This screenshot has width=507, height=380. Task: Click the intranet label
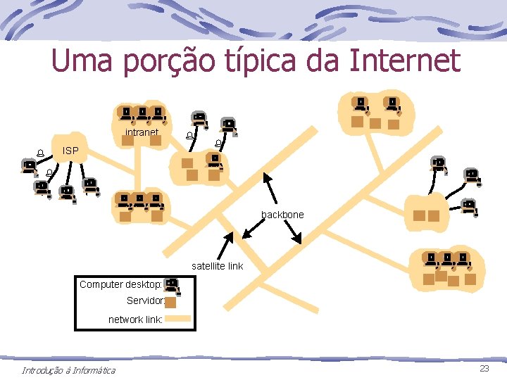141,132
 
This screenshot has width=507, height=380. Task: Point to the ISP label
70,151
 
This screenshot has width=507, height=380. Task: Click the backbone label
282,214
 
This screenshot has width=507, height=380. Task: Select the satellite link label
217,266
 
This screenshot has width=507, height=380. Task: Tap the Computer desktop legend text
120,284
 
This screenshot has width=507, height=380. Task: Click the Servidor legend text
146,300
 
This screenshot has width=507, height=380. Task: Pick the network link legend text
135,319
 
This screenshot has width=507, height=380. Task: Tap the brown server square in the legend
170,302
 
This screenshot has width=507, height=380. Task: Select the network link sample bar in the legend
178,319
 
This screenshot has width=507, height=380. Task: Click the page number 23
484,369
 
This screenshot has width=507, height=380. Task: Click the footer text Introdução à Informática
68,370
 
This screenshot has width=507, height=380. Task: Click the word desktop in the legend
143,284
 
